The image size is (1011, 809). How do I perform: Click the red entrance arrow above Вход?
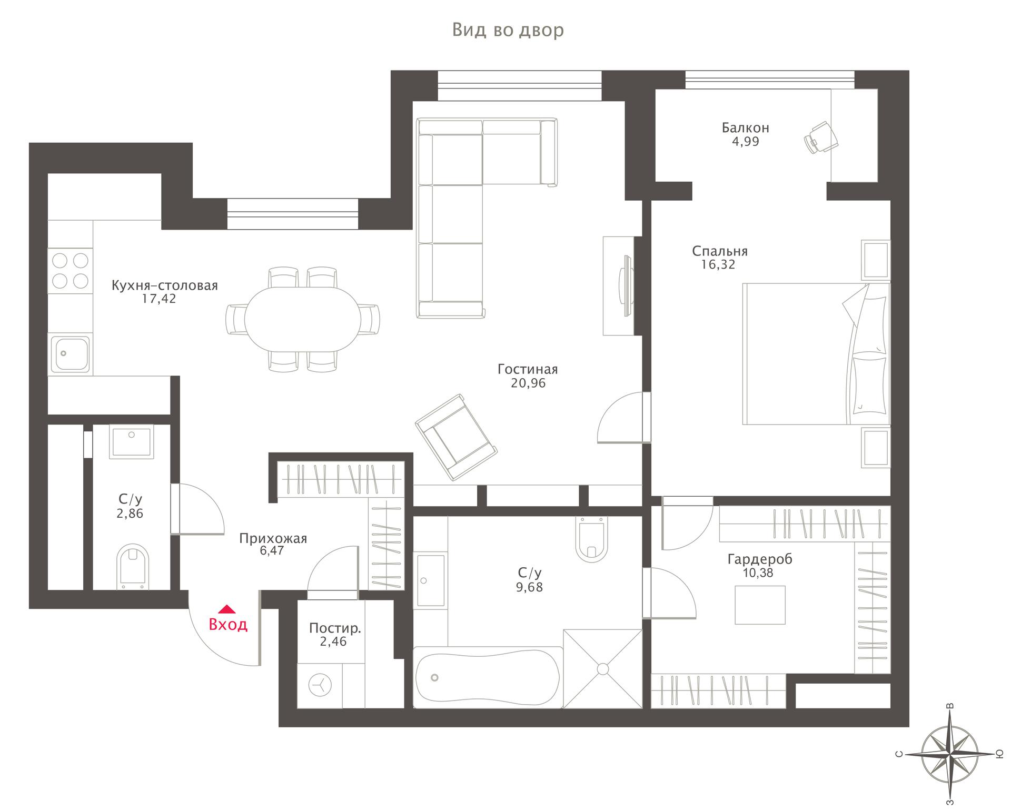(226, 609)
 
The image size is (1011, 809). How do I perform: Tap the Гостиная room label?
(527, 369)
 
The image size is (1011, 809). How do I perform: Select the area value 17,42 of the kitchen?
(159, 299)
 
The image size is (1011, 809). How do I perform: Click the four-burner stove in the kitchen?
(70, 271)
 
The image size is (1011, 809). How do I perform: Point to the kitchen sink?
(70, 353)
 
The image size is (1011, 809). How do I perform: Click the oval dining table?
(303, 319)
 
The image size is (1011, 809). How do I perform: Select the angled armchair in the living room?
(456, 437)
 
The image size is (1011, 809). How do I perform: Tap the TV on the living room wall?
(626, 285)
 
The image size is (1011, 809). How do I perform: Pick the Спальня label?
(719, 251)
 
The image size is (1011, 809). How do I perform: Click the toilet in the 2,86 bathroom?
(133, 566)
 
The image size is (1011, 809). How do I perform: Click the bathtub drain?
(434, 677)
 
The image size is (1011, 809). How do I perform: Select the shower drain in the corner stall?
(602, 668)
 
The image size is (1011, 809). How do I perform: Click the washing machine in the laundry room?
(320, 685)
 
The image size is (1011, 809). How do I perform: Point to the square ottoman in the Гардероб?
(760, 605)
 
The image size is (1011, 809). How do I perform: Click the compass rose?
(949, 754)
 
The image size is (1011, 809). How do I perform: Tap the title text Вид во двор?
(508, 31)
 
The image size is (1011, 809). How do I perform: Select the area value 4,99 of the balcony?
(746, 141)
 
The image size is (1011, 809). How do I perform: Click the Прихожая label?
(273, 538)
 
